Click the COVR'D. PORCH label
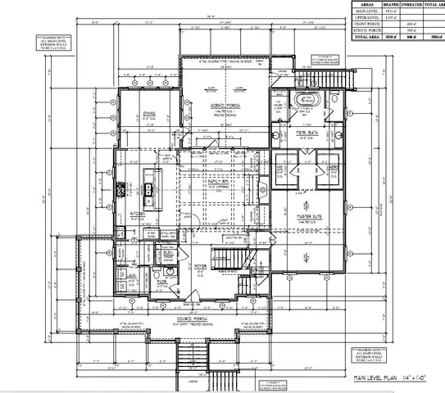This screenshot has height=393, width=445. coord(196,318)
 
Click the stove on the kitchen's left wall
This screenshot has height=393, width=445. coord(120,190)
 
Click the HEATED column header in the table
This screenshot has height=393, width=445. coord(379,4)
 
